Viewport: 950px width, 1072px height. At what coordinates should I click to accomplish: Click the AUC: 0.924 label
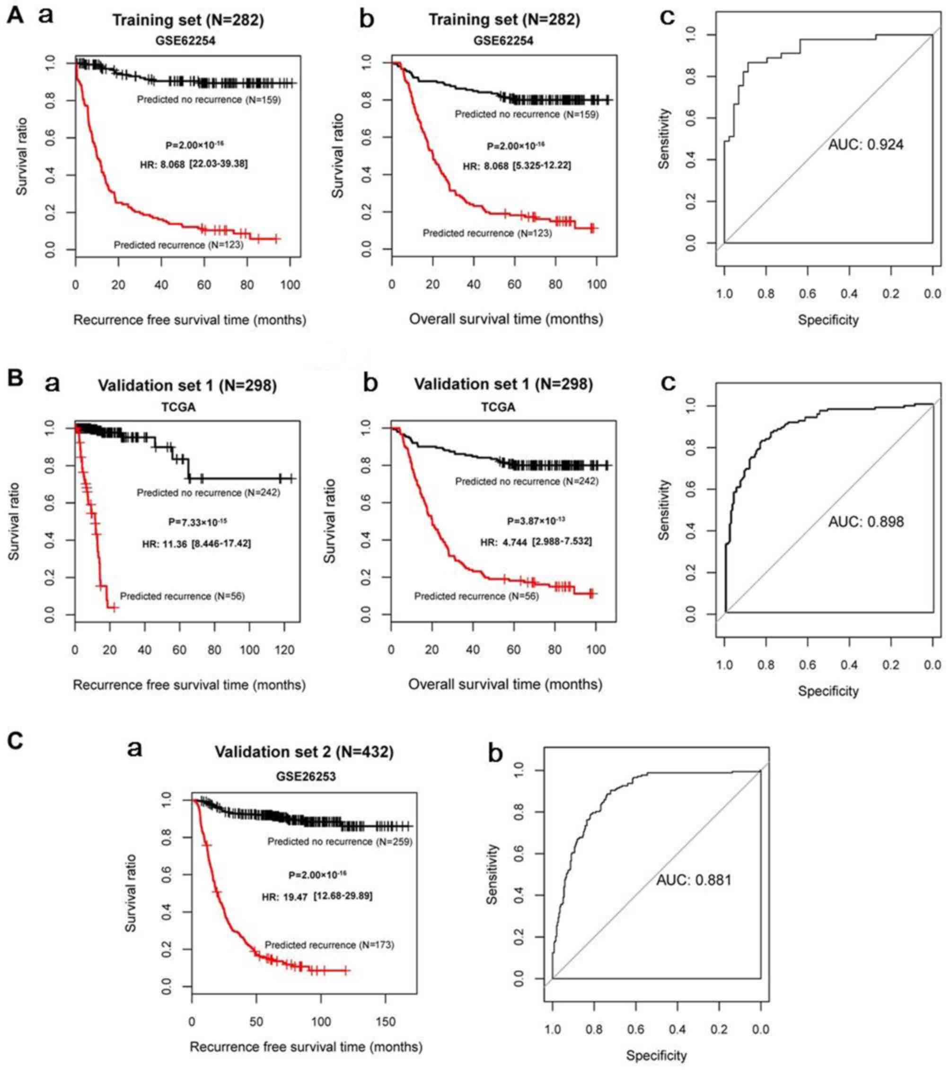[x=865, y=144]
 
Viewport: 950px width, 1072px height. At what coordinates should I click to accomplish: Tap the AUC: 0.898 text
[x=865, y=521]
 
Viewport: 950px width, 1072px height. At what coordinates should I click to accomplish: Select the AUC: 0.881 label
[x=694, y=894]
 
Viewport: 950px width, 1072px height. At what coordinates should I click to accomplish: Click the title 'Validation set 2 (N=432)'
[x=304, y=752]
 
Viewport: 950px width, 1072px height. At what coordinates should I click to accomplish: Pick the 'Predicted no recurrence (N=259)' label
[x=340, y=841]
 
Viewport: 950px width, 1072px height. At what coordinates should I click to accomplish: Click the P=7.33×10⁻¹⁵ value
[x=197, y=522]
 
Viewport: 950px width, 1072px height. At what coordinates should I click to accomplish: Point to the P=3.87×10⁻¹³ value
[x=536, y=521]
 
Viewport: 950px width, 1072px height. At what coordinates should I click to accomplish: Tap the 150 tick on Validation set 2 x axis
[x=387, y=1022]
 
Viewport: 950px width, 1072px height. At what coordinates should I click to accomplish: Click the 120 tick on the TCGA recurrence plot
[x=284, y=650]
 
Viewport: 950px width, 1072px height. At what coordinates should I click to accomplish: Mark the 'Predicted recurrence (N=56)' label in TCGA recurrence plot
[x=182, y=597]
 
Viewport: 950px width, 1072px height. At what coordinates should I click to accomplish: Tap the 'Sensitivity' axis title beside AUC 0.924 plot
[x=664, y=139]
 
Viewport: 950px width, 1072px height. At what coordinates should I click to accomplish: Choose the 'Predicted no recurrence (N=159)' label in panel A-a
[x=208, y=100]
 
